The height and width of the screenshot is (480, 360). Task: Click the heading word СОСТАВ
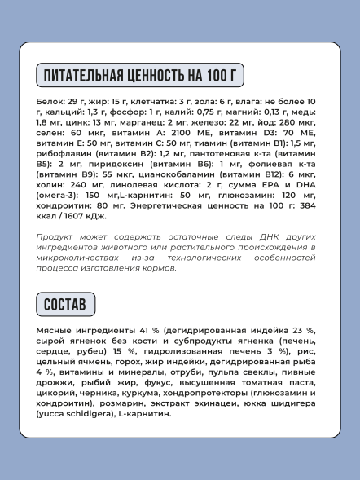(66, 305)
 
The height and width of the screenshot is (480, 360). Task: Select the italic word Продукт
(55, 236)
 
